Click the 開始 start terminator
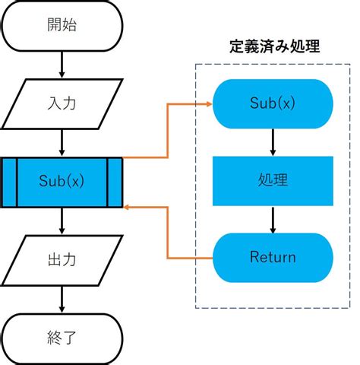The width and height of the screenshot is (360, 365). click(x=61, y=25)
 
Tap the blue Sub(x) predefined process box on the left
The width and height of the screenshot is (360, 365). click(x=61, y=182)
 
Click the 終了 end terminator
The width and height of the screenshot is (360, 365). click(x=61, y=336)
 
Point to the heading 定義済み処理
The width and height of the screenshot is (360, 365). click(x=273, y=46)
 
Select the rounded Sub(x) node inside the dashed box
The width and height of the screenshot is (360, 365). click(x=273, y=103)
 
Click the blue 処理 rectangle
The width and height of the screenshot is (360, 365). click(x=273, y=181)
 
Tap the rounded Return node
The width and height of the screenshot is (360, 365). click(x=273, y=257)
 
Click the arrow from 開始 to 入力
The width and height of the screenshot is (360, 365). click(x=61, y=65)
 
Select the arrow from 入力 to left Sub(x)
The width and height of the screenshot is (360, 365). click(x=61, y=142)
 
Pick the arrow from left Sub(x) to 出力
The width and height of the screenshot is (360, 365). click(x=61, y=220)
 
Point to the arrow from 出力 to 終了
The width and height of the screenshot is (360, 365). click(x=61, y=297)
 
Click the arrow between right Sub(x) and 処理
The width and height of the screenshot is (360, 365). click(x=273, y=142)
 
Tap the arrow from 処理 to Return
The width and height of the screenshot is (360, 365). click(x=273, y=219)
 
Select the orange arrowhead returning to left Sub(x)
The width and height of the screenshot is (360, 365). click(x=128, y=206)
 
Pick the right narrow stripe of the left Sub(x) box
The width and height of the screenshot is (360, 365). click(x=115, y=182)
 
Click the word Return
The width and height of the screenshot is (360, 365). click(x=273, y=257)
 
